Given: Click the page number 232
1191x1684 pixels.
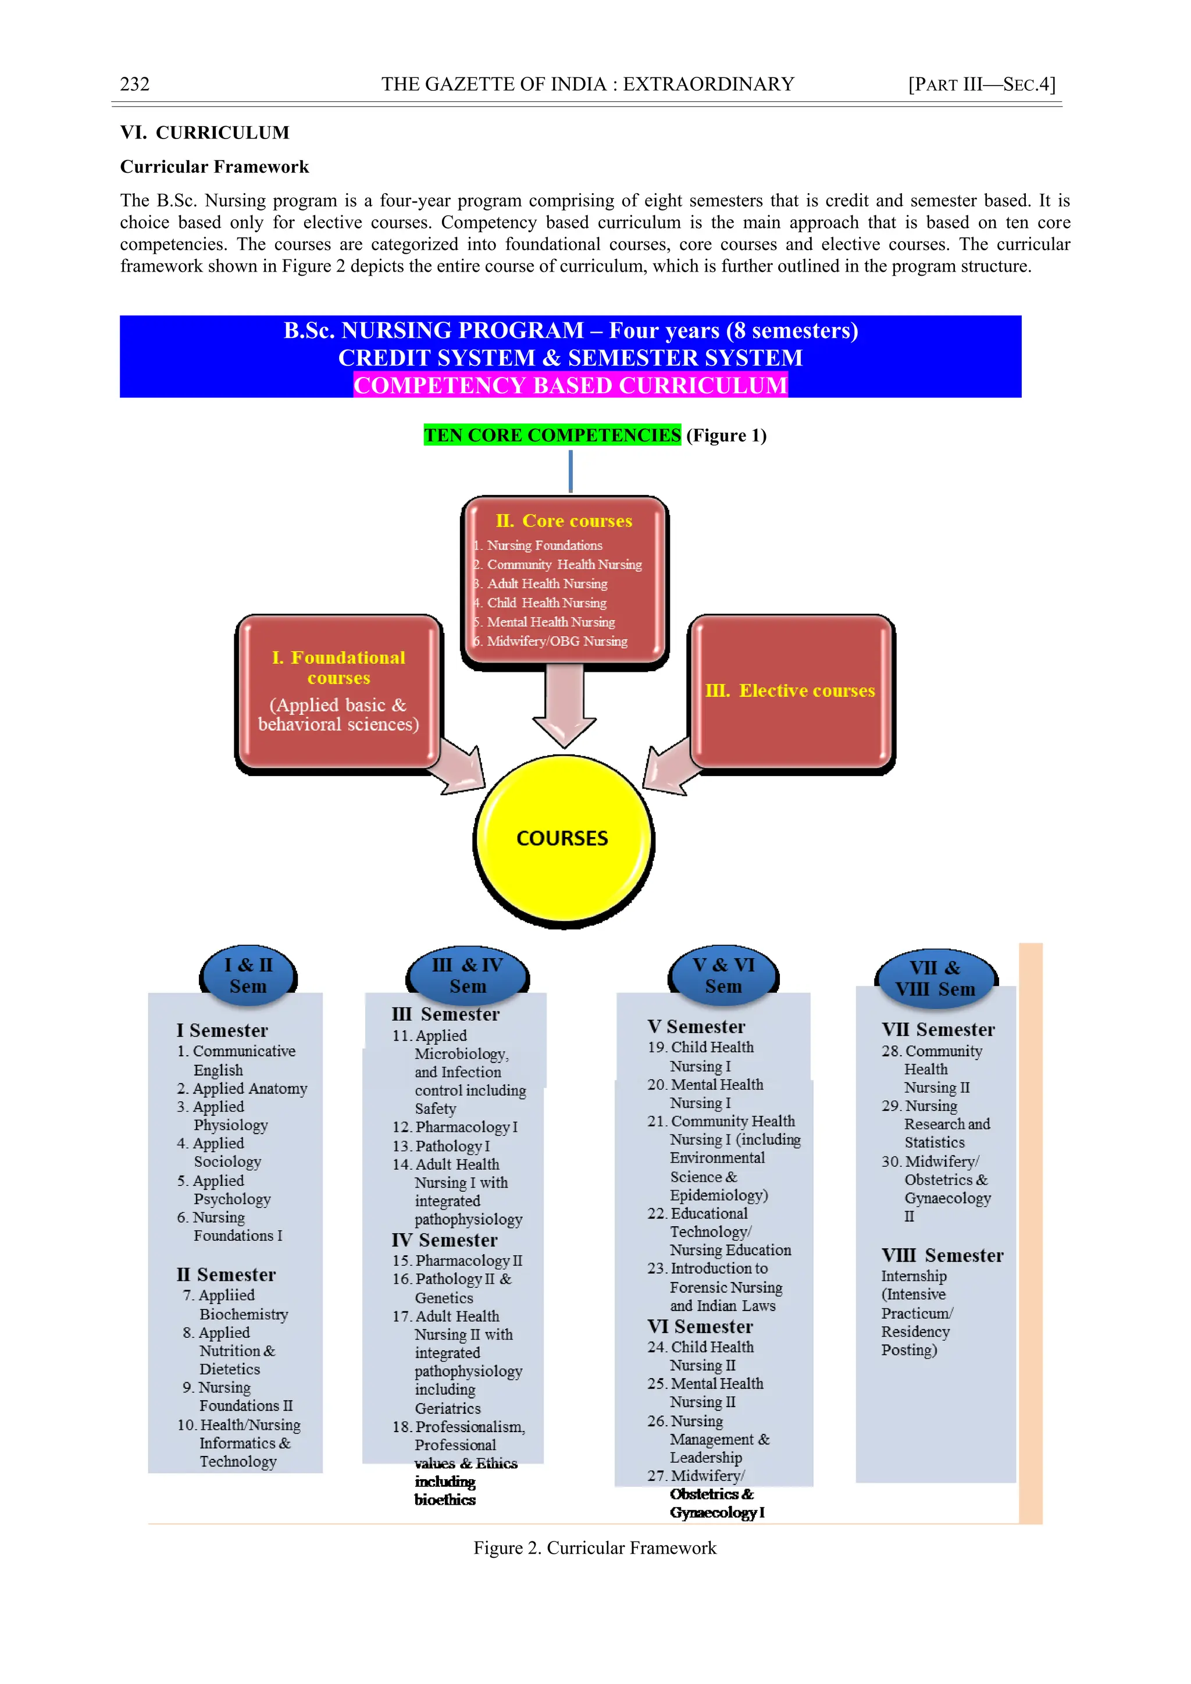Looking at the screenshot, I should coord(135,84).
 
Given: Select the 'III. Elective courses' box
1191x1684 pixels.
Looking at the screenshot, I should coord(790,691).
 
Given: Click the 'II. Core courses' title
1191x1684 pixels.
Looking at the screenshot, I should coord(564,521).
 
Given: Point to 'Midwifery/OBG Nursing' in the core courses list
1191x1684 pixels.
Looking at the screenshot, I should coord(557,641).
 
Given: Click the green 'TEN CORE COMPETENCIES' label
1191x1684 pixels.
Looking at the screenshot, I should coord(552,435).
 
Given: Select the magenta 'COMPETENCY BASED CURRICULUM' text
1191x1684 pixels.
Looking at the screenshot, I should coord(570,385).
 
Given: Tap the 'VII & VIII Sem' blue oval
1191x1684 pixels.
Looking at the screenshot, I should coord(935,978).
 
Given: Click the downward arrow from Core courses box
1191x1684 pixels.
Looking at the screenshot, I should coord(564,704).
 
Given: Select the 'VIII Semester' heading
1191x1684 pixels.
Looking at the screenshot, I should coord(942,1256).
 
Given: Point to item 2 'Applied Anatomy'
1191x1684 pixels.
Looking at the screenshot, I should coord(249,1088).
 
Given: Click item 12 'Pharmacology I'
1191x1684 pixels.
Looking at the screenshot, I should coord(466,1127).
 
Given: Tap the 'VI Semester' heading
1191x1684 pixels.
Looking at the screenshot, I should coord(700,1327).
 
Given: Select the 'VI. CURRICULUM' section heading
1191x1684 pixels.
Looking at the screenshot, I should coord(205,133).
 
